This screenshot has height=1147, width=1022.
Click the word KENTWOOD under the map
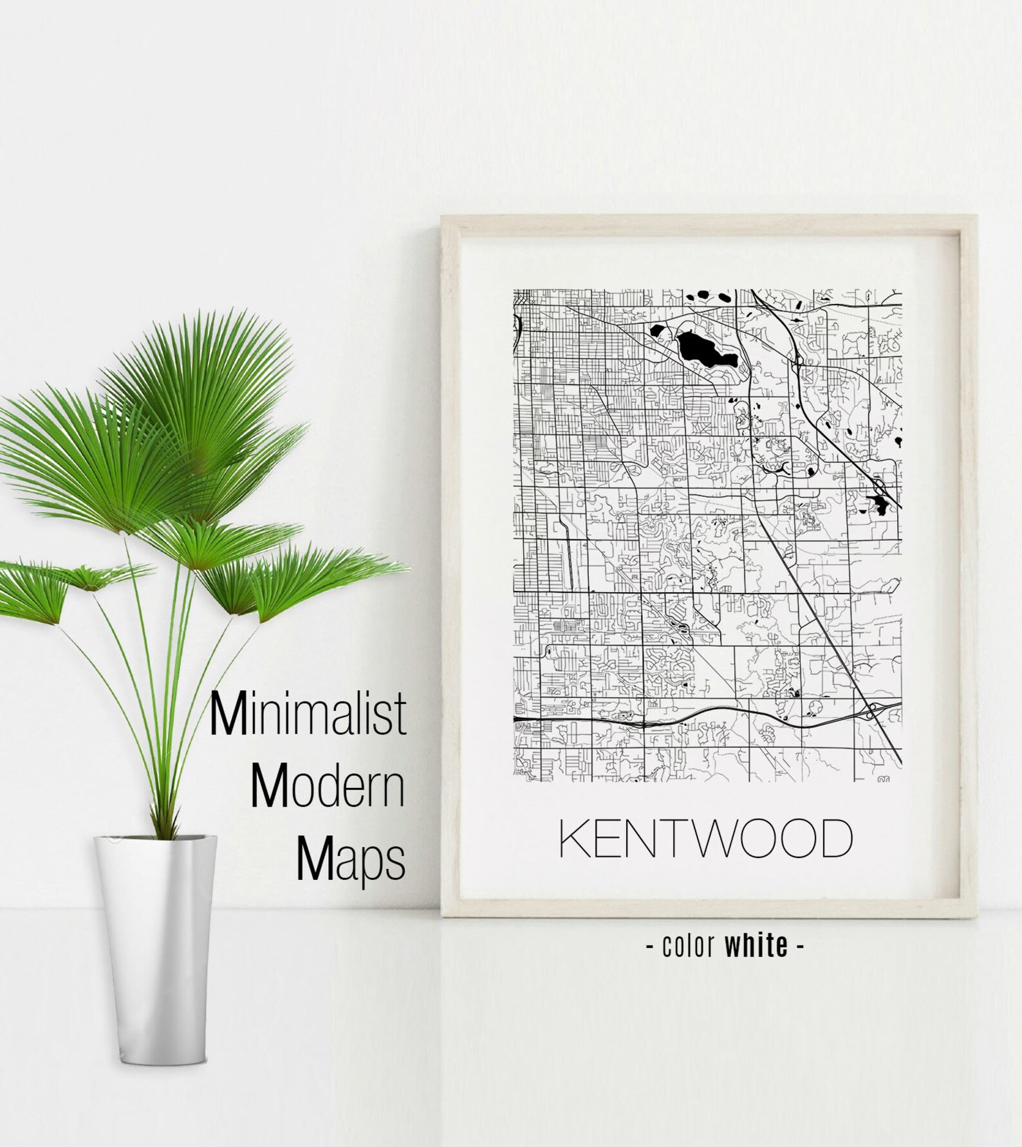click(705, 838)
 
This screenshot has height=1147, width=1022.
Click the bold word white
click(756, 946)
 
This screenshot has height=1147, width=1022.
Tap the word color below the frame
click(689, 946)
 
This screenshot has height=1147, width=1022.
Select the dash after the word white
click(800, 946)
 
